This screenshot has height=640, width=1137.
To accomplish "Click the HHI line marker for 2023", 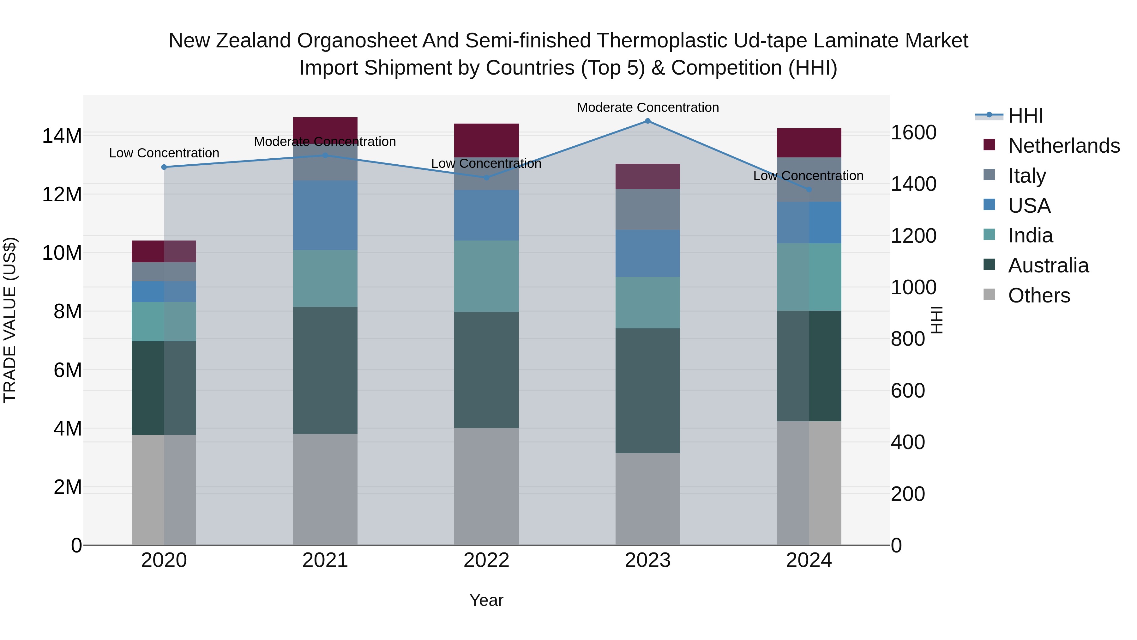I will click(x=647, y=121).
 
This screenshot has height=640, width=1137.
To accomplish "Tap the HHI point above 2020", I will click(x=164, y=167).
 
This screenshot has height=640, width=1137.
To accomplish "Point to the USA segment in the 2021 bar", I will click(x=325, y=215).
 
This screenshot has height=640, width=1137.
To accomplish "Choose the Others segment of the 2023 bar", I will click(x=647, y=499).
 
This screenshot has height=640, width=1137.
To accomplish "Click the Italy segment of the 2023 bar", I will click(x=647, y=209).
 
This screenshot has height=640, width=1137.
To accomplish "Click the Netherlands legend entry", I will click(x=1064, y=146).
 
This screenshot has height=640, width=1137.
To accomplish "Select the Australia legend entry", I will click(x=1048, y=265).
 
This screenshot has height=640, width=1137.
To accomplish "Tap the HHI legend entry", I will click(x=1025, y=116).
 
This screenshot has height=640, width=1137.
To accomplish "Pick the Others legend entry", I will click(x=1039, y=296).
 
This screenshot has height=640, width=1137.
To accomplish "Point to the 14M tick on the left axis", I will click(x=62, y=136).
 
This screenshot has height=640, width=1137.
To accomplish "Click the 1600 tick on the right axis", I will click(x=913, y=132).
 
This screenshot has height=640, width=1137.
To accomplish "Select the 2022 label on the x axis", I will click(x=486, y=560).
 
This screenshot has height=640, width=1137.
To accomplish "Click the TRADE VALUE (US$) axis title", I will click(x=10, y=320).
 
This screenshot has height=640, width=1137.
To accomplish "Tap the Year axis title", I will click(x=486, y=600).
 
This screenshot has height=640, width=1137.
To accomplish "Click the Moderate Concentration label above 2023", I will click(x=647, y=107).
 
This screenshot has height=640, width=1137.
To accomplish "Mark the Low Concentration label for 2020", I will click(x=164, y=153).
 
